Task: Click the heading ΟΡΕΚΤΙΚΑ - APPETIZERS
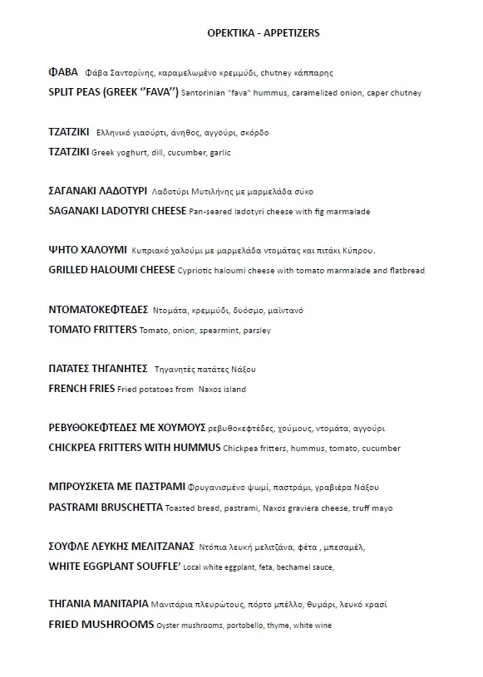coord(263,33)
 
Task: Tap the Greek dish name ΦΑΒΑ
coord(63,72)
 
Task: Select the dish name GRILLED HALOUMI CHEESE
coord(111,270)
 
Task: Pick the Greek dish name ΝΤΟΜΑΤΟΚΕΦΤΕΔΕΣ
coord(98,310)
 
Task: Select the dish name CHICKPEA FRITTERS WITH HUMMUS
coord(135,448)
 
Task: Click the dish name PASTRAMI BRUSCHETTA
coord(106,507)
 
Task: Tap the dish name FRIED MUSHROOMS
coord(101,624)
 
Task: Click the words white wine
coord(313,625)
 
